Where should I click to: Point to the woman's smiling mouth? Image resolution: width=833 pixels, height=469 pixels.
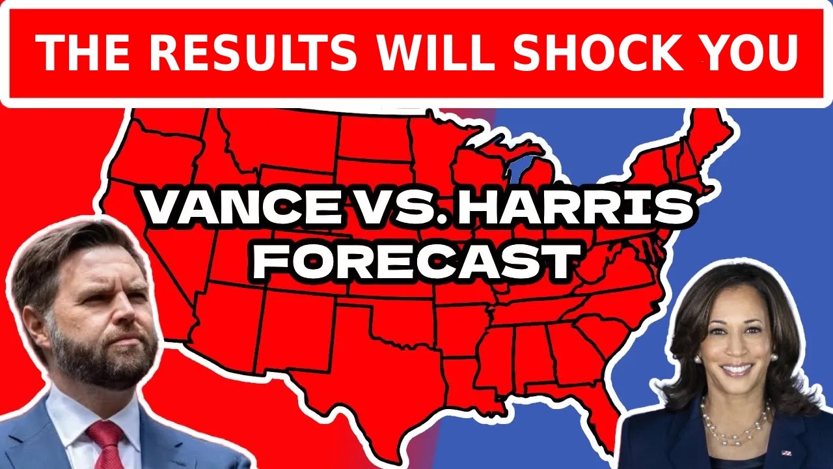(737, 369)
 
